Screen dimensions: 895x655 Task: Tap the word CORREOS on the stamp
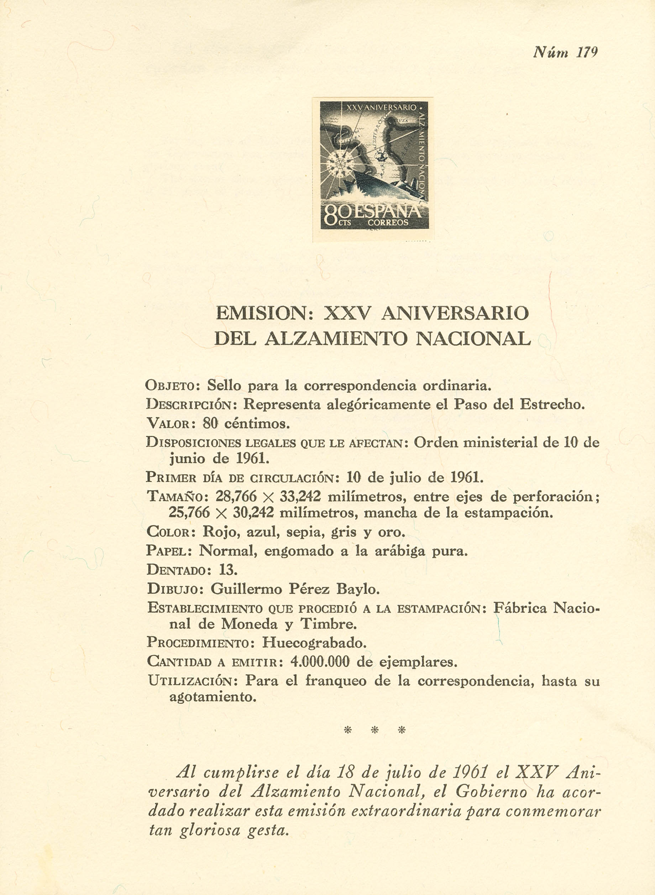pos(388,223)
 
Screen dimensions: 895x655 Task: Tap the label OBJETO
pos(174,386)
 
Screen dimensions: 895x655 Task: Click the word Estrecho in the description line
pos(551,404)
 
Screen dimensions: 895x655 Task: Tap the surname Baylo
pos(358,589)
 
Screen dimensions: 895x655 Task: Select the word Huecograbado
pos(314,642)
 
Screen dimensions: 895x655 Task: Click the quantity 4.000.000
pos(320,661)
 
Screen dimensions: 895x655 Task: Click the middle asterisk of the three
pos(374,730)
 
